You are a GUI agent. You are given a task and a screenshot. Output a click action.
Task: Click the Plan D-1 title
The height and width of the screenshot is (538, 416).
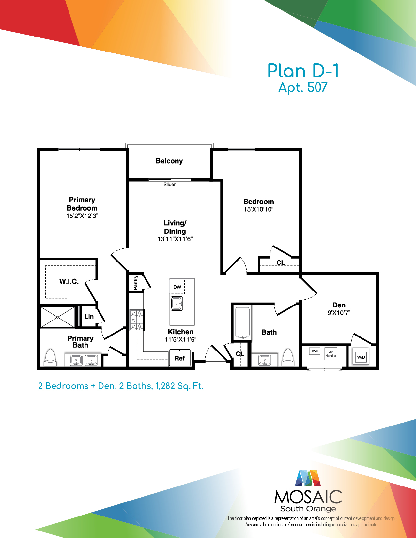click(303, 71)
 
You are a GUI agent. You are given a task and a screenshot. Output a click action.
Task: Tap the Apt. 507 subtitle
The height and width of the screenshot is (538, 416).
click(303, 87)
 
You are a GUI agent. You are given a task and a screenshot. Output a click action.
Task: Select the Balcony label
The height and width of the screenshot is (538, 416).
click(169, 161)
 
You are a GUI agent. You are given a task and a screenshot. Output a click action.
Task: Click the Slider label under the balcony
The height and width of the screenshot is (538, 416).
click(169, 184)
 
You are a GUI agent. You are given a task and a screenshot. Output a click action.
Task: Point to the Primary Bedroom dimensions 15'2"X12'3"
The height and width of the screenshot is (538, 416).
click(82, 216)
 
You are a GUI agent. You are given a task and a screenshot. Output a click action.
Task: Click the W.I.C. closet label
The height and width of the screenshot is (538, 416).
click(69, 281)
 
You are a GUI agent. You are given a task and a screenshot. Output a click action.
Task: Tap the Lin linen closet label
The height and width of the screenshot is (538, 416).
click(89, 316)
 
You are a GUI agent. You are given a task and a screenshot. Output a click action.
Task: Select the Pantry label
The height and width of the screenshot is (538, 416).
click(135, 282)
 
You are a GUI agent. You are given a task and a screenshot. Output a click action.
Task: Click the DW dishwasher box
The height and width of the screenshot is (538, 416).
click(177, 287)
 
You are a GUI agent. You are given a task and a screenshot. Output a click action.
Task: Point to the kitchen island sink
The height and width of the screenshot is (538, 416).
click(177, 304)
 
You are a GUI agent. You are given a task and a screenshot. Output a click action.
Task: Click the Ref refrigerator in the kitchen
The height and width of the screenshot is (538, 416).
click(180, 358)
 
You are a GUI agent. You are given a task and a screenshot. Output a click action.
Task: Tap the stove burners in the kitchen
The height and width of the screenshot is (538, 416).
click(137, 320)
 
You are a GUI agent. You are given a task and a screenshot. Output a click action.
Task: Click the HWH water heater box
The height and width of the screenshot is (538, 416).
click(315, 351)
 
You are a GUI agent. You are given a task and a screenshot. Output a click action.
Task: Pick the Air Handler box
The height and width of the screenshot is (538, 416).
click(331, 354)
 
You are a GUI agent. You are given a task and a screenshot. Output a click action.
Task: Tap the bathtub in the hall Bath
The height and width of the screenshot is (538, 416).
click(242, 323)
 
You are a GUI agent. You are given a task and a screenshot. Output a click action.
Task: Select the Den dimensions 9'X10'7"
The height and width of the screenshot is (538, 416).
click(339, 313)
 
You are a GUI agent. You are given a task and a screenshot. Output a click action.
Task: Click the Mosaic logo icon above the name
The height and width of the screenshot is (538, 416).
click(308, 478)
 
